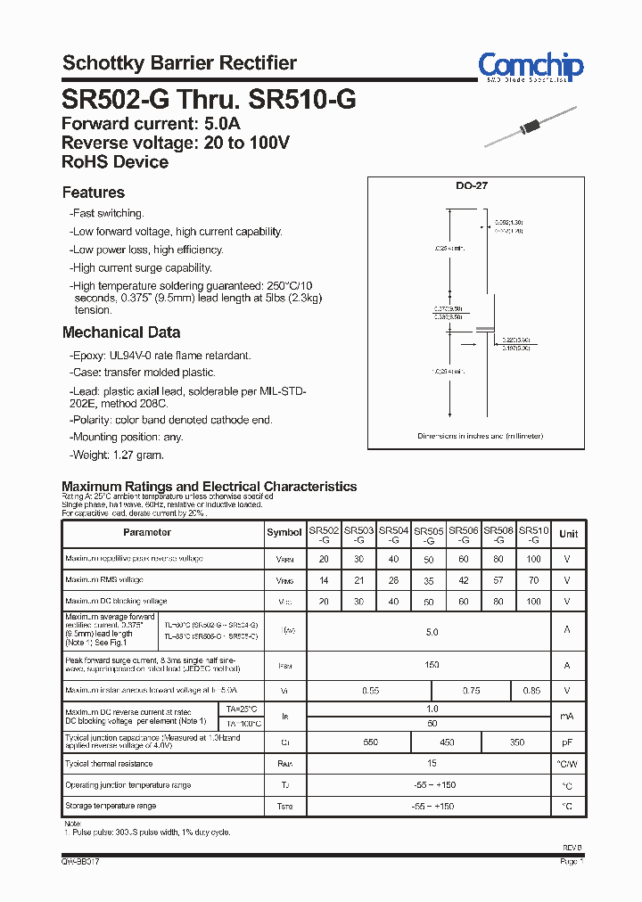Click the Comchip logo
(x=530, y=67)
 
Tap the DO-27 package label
(x=472, y=186)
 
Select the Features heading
(x=94, y=193)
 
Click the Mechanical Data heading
(x=121, y=332)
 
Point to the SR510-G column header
(x=533, y=534)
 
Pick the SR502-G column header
(x=324, y=534)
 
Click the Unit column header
(x=568, y=534)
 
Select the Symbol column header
(x=284, y=533)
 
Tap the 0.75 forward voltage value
(x=471, y=691)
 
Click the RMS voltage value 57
(x=498, y=580)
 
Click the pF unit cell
(x=568, y=742)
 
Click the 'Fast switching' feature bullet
(x=107, y=214)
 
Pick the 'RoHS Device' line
(x=115, y=162)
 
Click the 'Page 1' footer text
(x=572, y=862)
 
